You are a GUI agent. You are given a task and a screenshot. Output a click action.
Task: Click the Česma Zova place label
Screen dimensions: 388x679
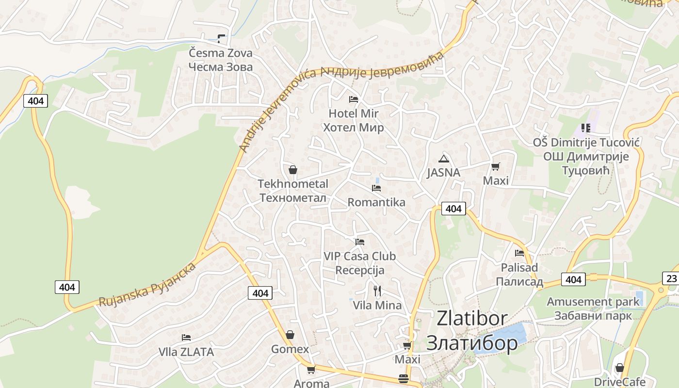point(221,60)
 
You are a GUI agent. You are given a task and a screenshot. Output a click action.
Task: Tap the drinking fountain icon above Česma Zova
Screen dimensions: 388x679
point(222,39)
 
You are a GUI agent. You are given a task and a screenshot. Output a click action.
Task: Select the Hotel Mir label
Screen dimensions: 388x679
point(354,120)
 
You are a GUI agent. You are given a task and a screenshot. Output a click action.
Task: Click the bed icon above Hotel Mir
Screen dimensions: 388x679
point(354,99)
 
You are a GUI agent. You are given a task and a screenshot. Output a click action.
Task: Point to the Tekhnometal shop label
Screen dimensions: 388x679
point(293,191)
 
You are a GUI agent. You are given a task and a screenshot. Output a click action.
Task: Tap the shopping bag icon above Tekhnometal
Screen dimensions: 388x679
point(292,170)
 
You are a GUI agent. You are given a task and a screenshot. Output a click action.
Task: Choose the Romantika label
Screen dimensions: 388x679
point(376,202)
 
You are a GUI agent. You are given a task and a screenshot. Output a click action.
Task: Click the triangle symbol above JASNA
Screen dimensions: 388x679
point(443,159)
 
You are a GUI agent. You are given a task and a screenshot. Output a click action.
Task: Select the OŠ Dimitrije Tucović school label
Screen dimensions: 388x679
point(586,156)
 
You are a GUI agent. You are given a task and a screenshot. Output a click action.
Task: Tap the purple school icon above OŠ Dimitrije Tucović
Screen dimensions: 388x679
point(586,128)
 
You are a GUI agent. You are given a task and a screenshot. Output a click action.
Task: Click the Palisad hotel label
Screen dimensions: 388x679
point(519,275)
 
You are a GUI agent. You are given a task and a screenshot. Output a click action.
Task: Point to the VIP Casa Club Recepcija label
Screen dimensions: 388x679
point(359,263)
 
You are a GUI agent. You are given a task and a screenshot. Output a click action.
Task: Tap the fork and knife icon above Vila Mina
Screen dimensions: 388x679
point(377,291)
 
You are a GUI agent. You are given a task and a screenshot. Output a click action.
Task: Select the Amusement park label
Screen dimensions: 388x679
point(593,308)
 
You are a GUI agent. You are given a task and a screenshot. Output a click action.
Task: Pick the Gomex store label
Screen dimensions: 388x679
point(290,349)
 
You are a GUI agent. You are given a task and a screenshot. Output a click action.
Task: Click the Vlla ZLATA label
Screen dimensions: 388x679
point(186,352)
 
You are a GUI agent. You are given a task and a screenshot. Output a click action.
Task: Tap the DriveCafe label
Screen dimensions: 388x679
point(620,382)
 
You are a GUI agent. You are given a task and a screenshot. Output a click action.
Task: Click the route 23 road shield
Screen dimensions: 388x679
point(671,278)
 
